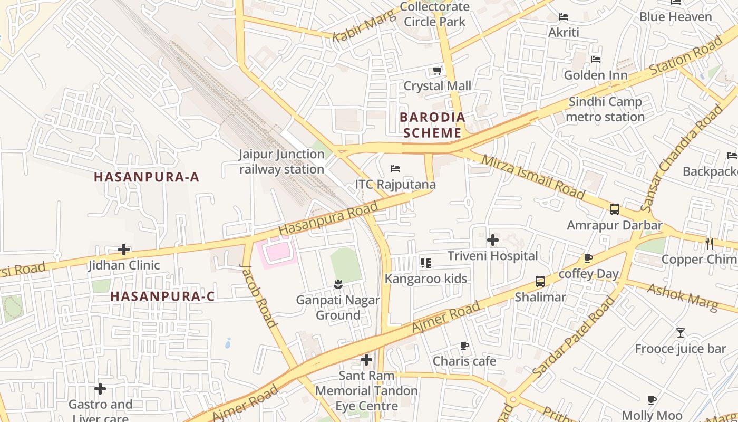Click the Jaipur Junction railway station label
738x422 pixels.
pos(281,162)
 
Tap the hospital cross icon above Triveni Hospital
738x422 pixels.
pos(493,240)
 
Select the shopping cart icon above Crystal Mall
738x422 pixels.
pos(437,70)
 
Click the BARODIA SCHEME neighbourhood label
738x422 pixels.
pos(432,125)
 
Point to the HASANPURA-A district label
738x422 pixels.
pos(147,177)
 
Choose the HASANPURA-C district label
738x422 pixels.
pos(162,296)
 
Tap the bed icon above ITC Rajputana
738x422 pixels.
pos(395,169)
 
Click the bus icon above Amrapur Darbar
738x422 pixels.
pos(615,209)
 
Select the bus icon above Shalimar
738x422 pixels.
pos(540,281)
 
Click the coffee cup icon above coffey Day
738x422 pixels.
pos(588,258)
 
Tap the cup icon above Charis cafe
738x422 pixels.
pos(464,346)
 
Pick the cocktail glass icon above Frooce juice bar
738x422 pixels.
pos(681,333)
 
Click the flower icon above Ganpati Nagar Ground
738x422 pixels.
pos(338,285)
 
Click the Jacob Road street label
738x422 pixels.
pos(258,295)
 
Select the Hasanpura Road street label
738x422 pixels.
pos(328,218)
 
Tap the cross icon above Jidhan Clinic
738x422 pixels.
pos(124,249)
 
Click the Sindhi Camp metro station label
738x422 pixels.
pos(605,109)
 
